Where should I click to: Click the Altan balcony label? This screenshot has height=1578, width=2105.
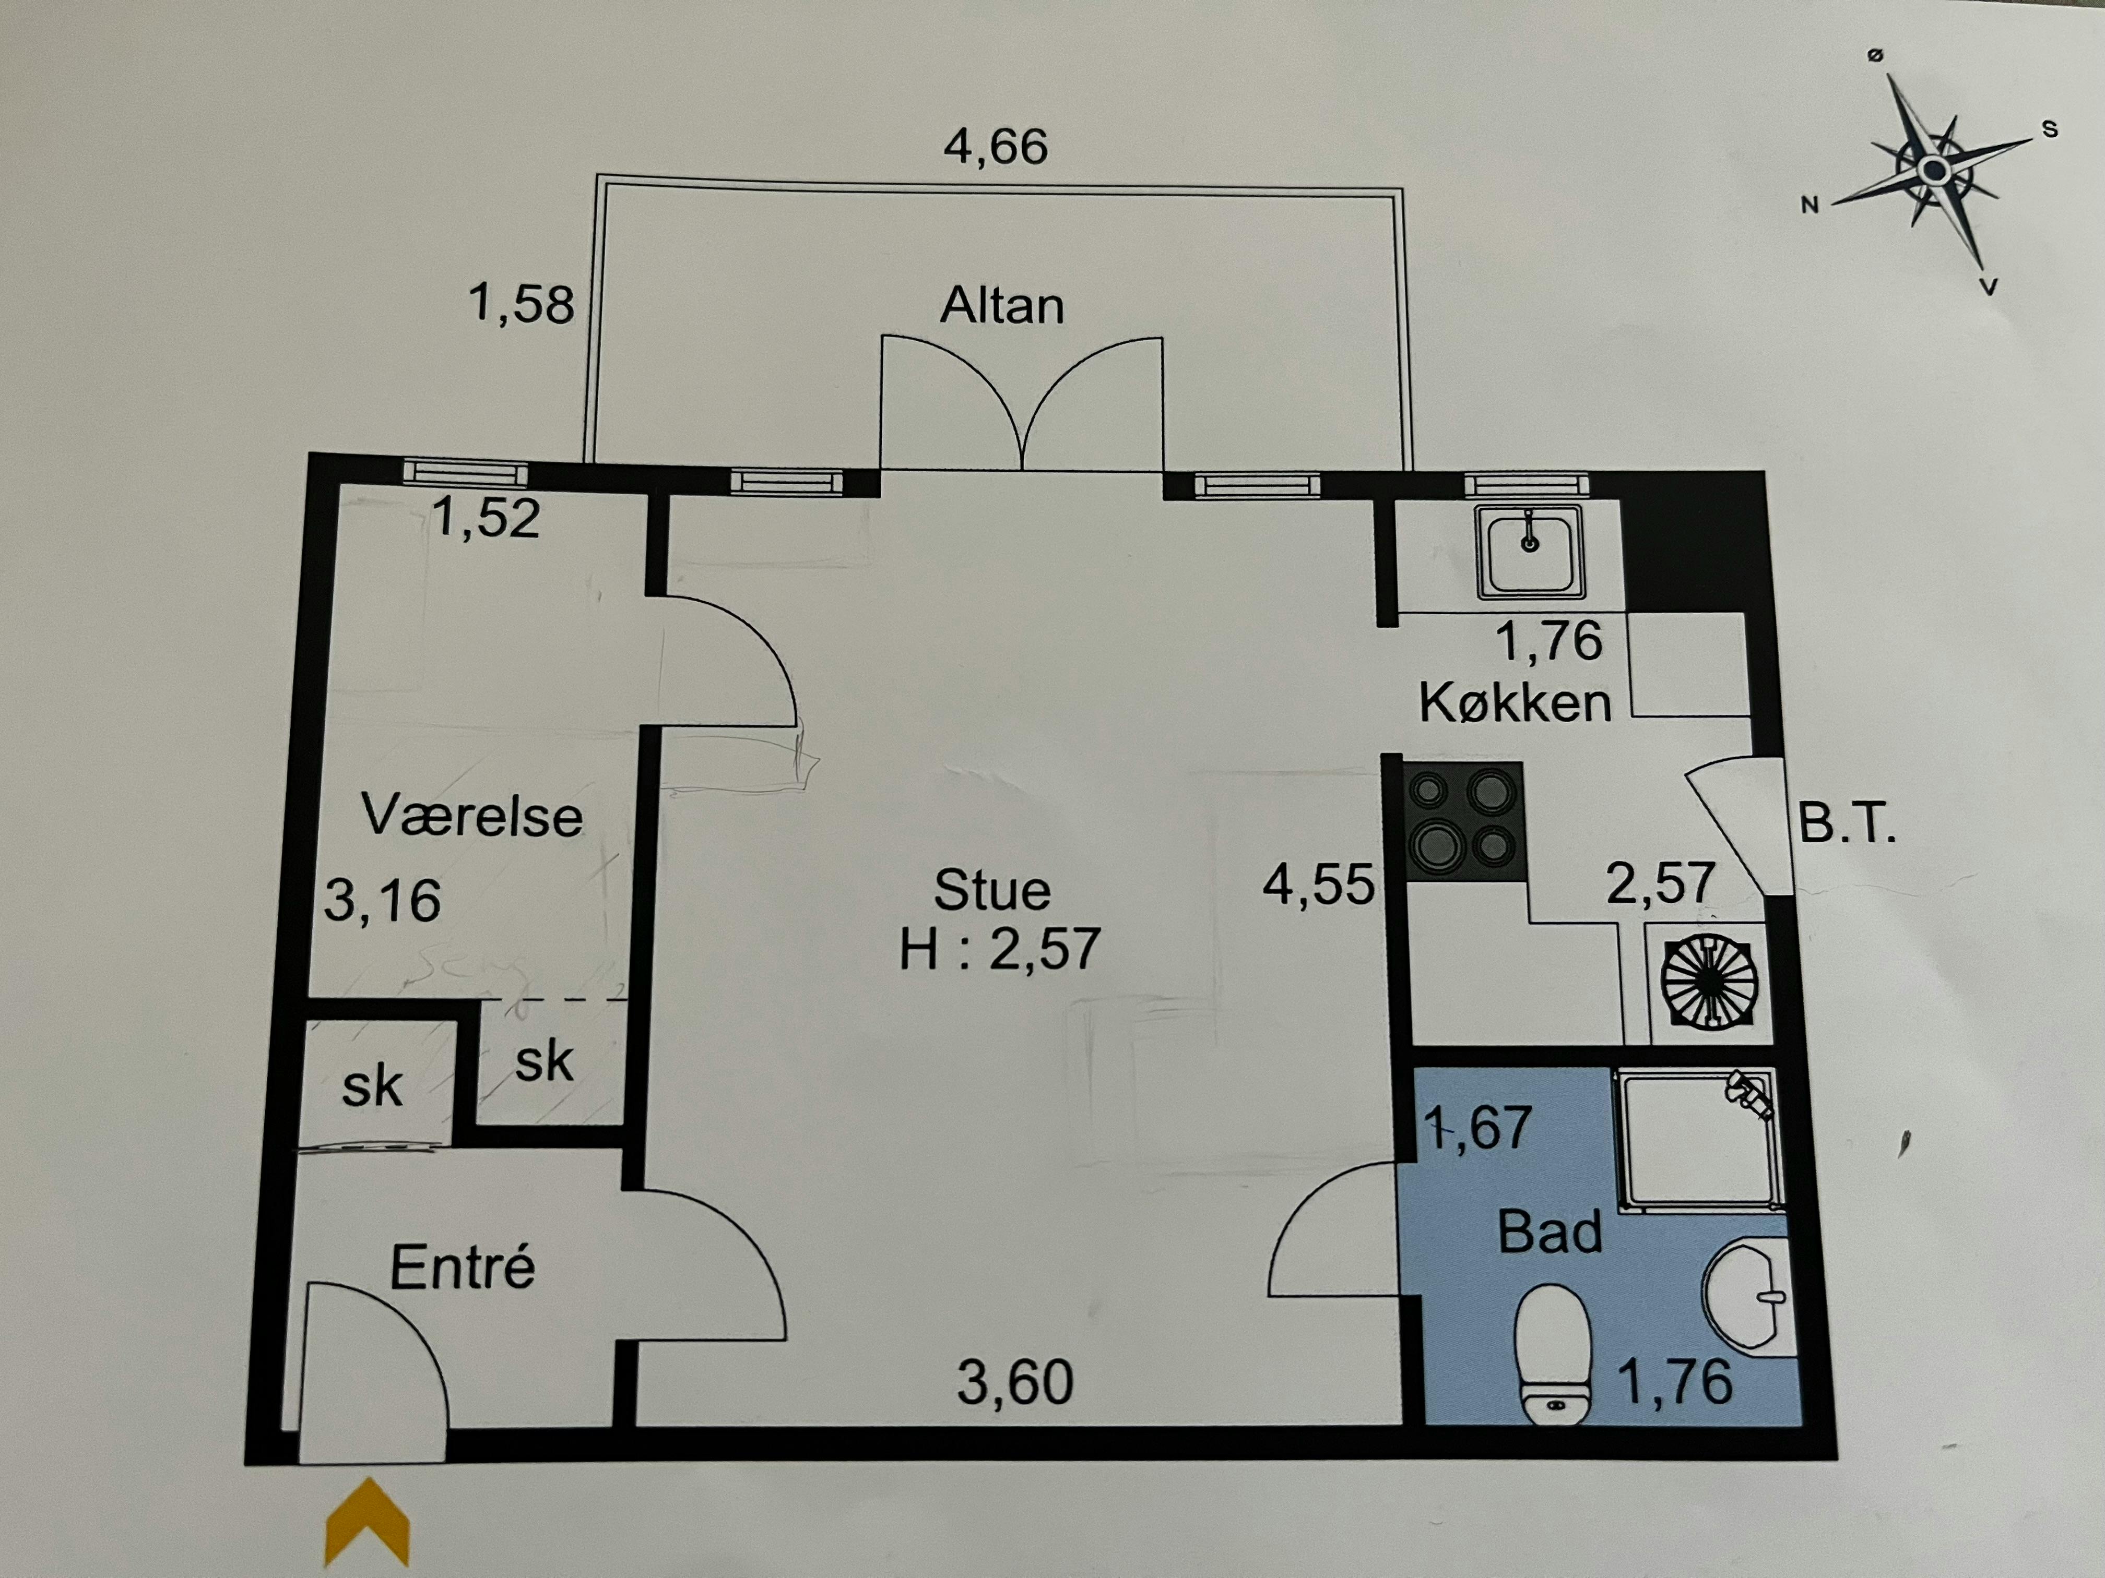pos(1002,306)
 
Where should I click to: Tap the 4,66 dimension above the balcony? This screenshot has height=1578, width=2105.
pos(996,148)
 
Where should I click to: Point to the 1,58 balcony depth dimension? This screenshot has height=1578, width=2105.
pos(522,304)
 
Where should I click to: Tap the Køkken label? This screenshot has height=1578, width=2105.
pos(1515,703)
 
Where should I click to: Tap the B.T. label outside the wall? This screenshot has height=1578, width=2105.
pos(1846,824)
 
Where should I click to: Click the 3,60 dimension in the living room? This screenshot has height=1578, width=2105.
pos(1015,1383)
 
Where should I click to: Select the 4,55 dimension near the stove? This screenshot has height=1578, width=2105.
pos(1319,884)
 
